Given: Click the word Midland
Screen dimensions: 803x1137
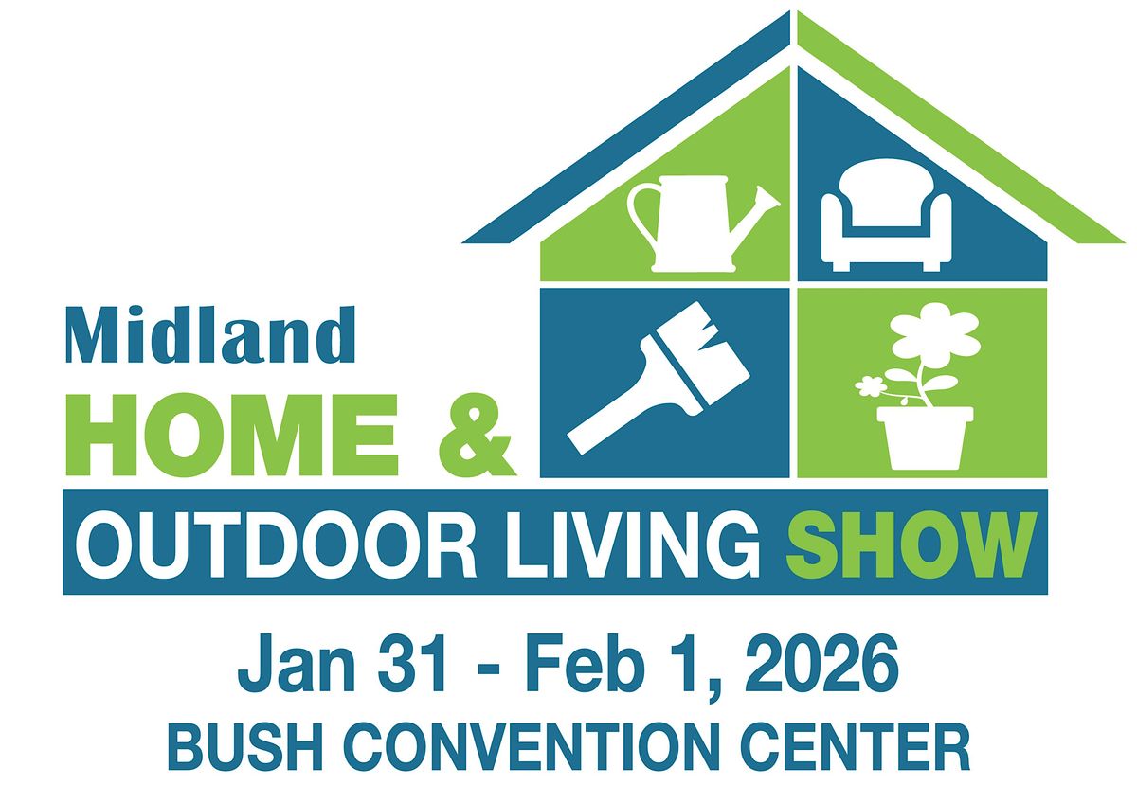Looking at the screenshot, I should [209, 334].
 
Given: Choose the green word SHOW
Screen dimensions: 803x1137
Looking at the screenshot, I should [907, 544].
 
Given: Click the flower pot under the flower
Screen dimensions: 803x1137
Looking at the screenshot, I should [924, 437].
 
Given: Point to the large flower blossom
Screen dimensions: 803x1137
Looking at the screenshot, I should [934, 330].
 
